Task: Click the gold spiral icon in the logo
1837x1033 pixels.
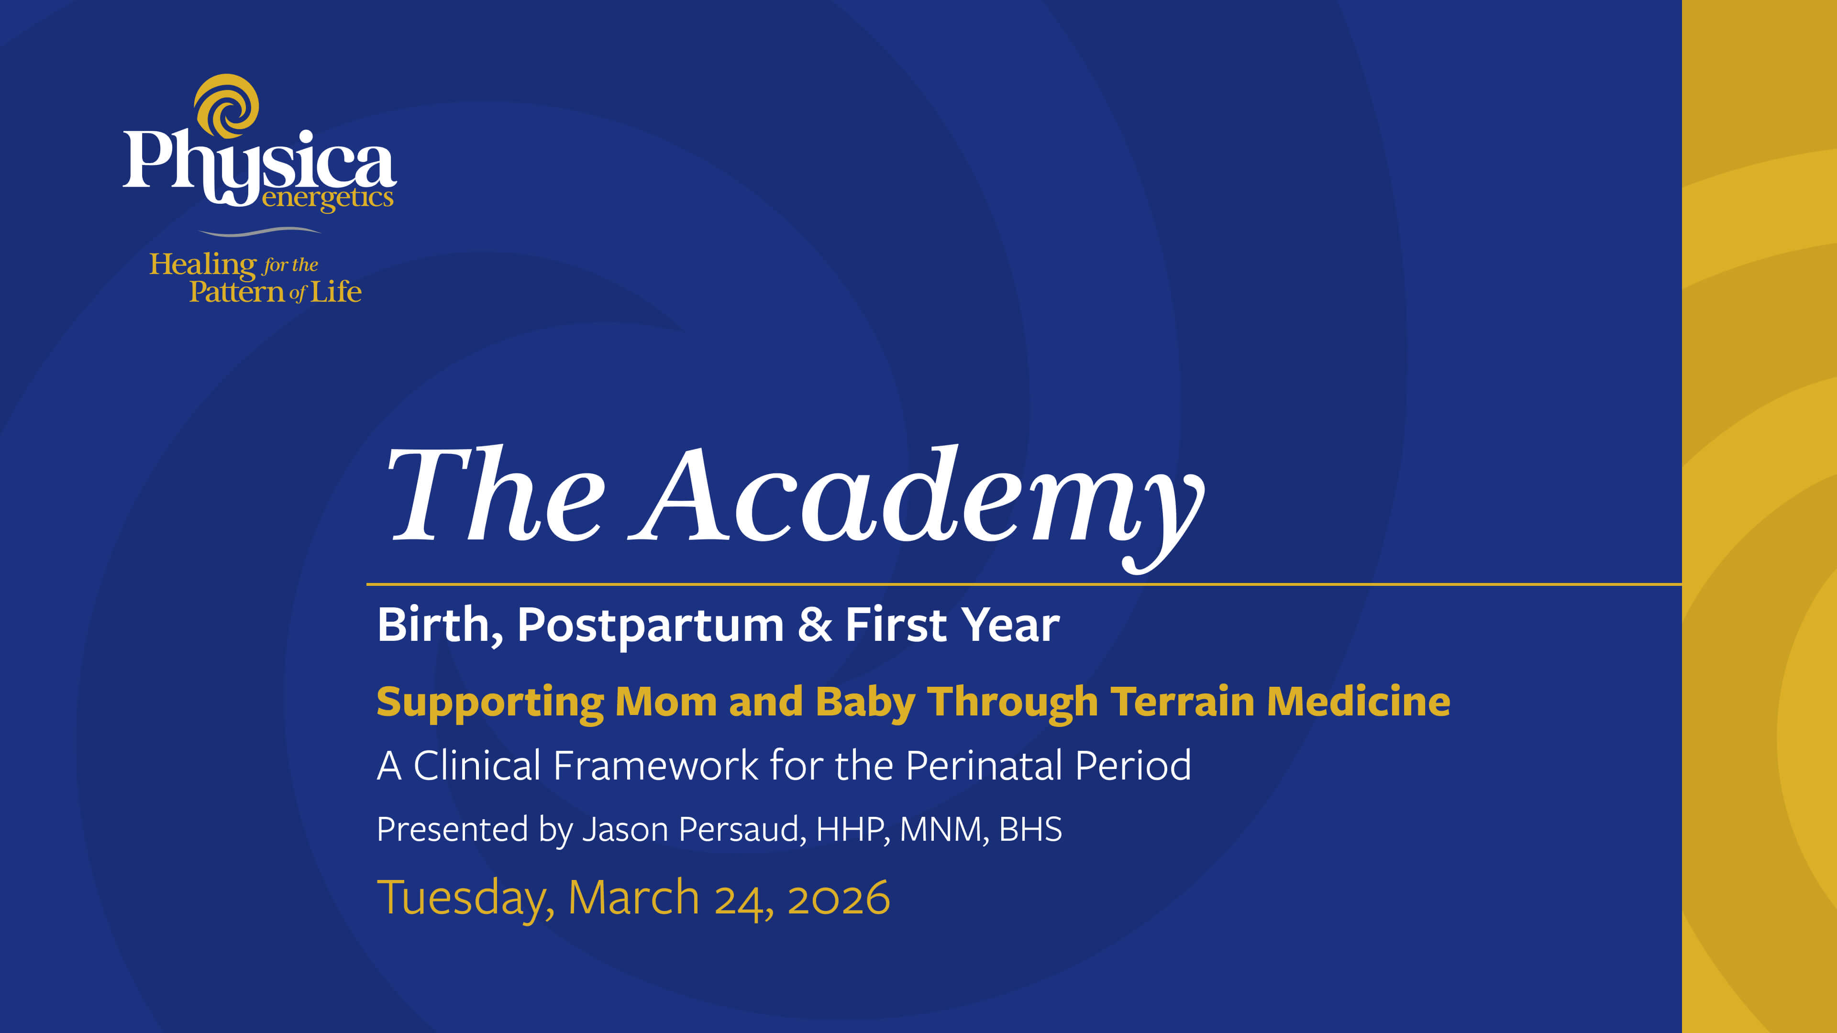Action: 227,106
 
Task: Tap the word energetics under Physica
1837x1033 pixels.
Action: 327,198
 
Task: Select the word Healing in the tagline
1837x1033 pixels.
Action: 202,265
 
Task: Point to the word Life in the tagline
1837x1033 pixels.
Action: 335,292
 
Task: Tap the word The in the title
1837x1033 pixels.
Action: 495,495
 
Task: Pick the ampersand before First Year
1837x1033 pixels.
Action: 814,625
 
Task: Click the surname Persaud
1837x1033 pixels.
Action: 741,829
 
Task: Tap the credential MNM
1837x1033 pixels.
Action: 943,829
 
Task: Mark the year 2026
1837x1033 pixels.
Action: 839,898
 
